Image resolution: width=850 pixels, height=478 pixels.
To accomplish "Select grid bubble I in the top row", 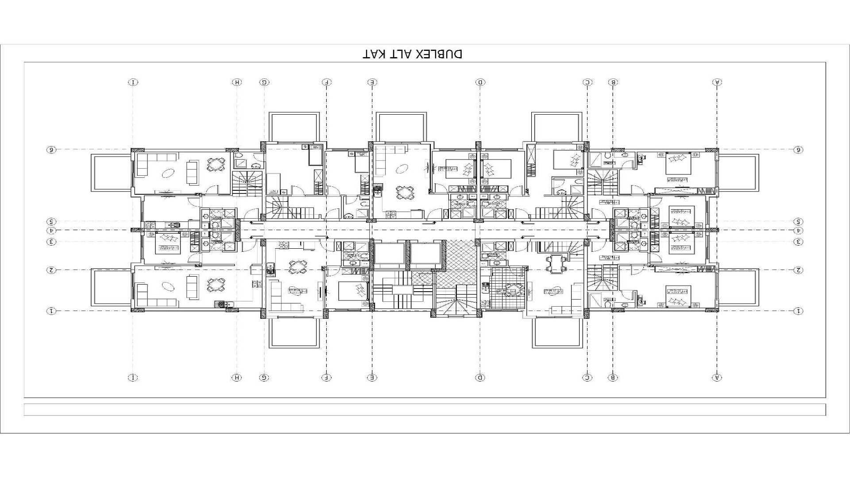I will tap(133, 82).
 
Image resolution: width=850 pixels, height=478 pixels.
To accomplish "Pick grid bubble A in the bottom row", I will tap(717, 378).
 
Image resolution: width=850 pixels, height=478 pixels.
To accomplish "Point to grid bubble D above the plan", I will tap(480, 82).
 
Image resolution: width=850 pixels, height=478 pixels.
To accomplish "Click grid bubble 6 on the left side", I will tap(51, 150).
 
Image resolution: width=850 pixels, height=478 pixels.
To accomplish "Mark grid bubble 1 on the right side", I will tap(798, 311).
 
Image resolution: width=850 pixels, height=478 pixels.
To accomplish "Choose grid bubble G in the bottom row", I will tap(264, 378).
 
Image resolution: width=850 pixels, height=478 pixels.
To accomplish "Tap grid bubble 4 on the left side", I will tap(51, 231).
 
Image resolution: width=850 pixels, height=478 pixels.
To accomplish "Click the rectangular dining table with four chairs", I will tap(556, 264).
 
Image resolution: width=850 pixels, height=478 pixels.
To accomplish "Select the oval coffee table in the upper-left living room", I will tap(168, 173).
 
